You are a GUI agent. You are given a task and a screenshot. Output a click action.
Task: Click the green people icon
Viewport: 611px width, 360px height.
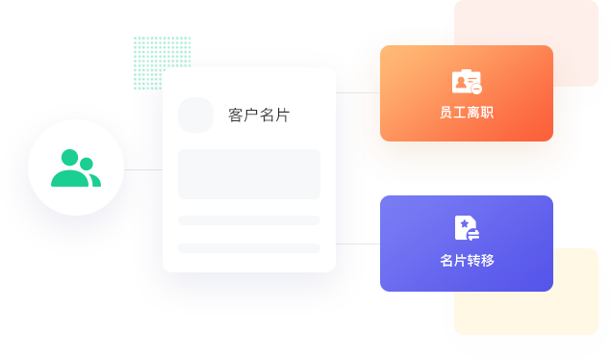76,167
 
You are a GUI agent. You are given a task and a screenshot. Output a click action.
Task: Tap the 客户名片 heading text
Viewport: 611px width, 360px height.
259,115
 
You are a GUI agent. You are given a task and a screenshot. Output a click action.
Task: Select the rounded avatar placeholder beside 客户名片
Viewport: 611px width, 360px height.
195,115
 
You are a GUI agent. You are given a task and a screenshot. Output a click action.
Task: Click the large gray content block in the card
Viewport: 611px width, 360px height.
249,174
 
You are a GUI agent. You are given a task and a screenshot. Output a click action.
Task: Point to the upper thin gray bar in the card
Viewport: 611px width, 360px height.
249,220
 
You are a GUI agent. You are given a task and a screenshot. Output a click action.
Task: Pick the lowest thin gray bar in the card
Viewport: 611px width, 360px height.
249,248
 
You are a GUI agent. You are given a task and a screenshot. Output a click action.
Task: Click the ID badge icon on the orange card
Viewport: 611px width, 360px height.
467,82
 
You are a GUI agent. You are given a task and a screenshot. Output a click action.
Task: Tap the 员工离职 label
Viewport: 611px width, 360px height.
467,113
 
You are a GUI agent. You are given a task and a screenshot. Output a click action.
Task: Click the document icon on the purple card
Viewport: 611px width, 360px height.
467,228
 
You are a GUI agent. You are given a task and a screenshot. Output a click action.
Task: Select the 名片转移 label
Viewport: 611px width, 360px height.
467,260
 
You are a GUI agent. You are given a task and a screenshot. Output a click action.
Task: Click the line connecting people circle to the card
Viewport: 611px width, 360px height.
143,169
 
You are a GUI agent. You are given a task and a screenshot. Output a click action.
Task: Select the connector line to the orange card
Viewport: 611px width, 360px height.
358,92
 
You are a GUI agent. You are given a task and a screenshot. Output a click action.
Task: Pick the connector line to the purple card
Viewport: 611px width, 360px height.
358,244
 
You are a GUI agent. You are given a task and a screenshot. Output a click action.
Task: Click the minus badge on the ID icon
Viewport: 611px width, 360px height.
476,89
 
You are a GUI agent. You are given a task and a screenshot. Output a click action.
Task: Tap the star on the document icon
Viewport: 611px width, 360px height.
464,223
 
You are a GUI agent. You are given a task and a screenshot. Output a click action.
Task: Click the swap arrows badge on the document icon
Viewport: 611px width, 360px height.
473,235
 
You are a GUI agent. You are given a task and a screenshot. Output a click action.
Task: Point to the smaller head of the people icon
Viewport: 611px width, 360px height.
86,164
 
